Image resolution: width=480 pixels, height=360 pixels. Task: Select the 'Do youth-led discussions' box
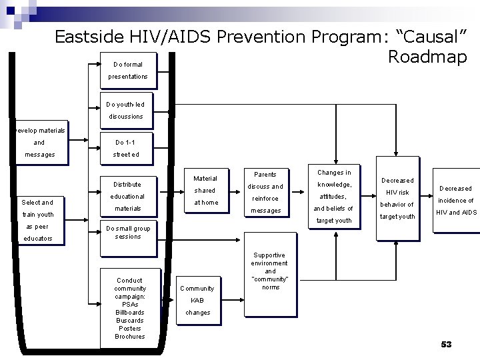click(126, 111)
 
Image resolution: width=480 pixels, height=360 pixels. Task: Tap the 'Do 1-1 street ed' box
click(126, 149)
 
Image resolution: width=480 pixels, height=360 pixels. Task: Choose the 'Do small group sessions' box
click(127, 232)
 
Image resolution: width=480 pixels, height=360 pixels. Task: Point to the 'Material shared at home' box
click(205, 190)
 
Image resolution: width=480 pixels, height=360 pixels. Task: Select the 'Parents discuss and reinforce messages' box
click(266, 193)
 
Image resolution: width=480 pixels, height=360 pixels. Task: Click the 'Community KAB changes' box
click(198, 300)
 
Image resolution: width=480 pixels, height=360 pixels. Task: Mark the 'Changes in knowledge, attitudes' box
click(334, 196)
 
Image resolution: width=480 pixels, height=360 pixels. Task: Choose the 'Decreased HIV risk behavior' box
click(397, 198)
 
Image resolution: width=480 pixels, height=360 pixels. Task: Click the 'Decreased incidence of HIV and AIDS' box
click(456, 200)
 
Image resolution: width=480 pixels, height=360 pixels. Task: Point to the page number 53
click(446, 344)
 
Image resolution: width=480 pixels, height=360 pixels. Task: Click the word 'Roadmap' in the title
click(427, 57)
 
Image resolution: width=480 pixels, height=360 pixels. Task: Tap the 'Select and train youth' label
click(37, 208)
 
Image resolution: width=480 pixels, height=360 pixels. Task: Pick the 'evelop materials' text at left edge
click(40, 130)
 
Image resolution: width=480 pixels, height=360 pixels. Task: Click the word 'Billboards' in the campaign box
click(129, 312)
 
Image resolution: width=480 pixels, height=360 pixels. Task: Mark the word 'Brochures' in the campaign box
click(129, 336)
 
